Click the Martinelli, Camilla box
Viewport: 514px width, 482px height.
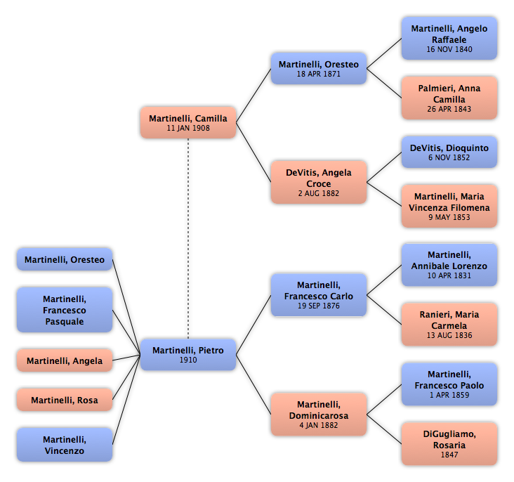coord(188,122)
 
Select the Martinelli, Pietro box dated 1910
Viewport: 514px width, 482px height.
coord(188,355)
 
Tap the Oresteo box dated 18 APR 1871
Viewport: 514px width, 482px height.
coord(319,68)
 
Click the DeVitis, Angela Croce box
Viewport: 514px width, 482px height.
coord(319,182)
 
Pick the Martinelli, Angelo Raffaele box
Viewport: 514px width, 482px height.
coord(449,39)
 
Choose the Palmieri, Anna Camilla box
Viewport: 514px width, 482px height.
coord(449,98)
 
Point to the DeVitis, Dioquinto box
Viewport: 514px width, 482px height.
coord(449,152)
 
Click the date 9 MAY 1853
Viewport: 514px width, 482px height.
coord(449,217)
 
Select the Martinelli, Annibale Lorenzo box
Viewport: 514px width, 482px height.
coord(449,265)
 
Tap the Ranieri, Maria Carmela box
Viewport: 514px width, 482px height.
coord(449,325)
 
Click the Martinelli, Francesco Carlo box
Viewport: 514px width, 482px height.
coord(319,295)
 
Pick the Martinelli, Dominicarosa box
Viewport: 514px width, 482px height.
coord(319,415)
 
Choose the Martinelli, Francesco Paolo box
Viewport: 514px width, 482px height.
coord(449,384)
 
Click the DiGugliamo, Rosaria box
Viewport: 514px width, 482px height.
coord(449,444)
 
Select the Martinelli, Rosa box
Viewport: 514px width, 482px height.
coord(65,400)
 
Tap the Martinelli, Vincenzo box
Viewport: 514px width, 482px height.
coord(65,445)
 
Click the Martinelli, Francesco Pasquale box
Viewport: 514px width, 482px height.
coord(65,310)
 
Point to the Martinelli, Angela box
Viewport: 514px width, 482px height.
coord(65,360)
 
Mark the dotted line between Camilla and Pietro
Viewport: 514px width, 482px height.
coord(188,238)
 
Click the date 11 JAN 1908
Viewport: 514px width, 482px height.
coord(188,128)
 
